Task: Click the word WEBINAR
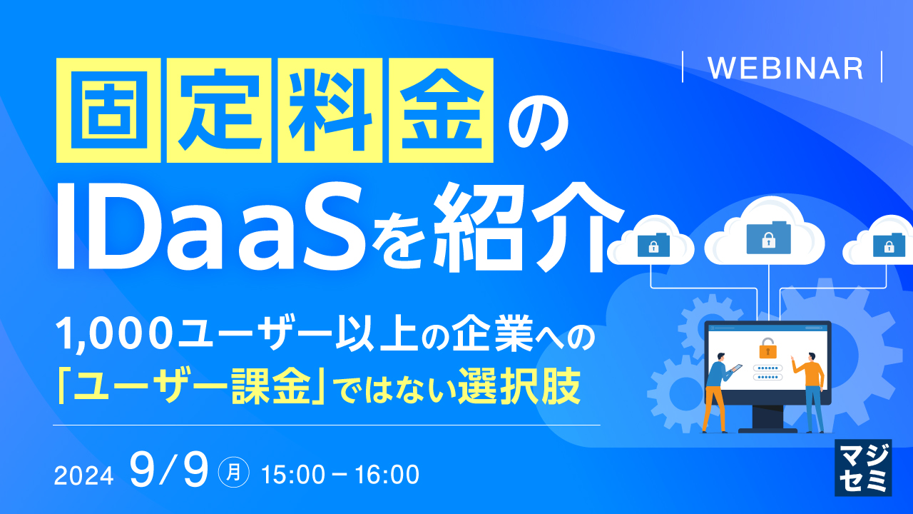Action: pyautogui.click(x=785, y=68)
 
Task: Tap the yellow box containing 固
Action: pyautogui.click(x=108, y=110)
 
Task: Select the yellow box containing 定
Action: pyautogui.click(x=219, y=110)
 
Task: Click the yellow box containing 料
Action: pyautogui.click(x=330, y=110)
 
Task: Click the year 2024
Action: pyautogui.click(x=83, y=475)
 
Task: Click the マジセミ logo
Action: pyautogui.click(x=863, y=467)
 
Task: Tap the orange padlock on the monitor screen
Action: pyautogui.click(x=767, y=348)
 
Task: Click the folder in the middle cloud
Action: pyautogui.click(x=767, y=237)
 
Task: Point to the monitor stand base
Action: pyautogui.click(x=767, y=430)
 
